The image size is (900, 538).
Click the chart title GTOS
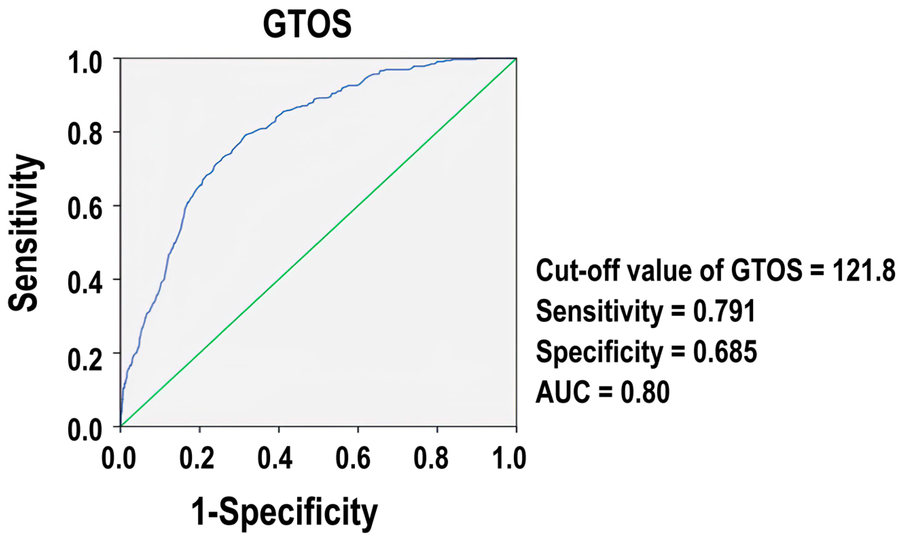pos(307,25)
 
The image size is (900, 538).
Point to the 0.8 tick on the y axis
pos(85,132)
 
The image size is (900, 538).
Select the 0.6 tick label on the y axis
pos(85,206)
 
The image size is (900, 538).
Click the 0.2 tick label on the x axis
pos(197,458)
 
